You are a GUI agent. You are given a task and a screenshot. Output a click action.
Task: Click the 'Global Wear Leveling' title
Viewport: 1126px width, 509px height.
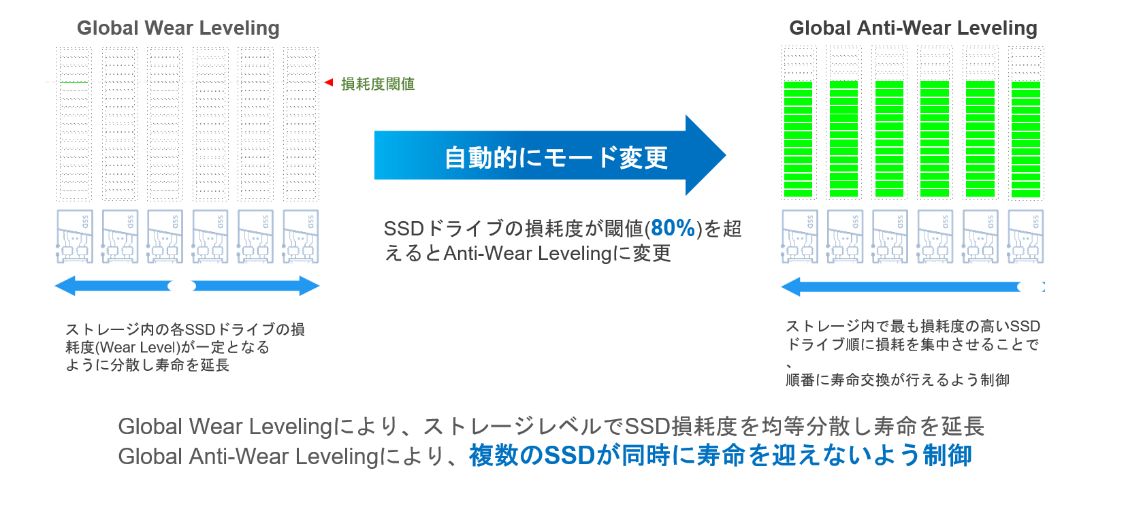pyautogui.click(x=178, y=28)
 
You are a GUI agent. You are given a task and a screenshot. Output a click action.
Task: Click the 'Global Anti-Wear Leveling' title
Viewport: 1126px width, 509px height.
pyautogui.click(x=913, y=28)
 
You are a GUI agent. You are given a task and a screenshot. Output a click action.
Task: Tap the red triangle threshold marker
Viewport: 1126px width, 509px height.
pyautogui.click(x=329, y=82)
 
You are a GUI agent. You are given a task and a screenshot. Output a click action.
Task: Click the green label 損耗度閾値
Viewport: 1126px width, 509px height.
pyautogui.click(x=378, y=84)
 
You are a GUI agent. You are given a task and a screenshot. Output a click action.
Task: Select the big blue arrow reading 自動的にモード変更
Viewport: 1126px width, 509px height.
pyautogui.click(x=550, y=156)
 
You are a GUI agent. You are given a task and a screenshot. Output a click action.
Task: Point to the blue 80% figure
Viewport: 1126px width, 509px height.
pyautogui.click(x=673, y=228)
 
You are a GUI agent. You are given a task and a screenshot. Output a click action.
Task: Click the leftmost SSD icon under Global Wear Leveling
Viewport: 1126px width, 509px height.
pyautogui.click(x=75, y=237)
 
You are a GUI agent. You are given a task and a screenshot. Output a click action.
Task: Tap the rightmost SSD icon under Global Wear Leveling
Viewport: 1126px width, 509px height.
pyautogui.click(x=301, y=237)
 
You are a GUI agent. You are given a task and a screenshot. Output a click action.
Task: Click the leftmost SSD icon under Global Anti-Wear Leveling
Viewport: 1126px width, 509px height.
pyautogui.click(x=800, y=237)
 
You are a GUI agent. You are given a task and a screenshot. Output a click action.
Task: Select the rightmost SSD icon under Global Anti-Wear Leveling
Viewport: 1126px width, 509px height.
pyautogui.click(x=1026, y=237)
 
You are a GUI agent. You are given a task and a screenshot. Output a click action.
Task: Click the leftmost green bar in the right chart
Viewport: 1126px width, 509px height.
pyautogui.click(x=799, y=139)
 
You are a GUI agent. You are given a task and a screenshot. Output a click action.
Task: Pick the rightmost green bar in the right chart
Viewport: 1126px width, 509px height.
pyautogui.click(x=1026, y=139)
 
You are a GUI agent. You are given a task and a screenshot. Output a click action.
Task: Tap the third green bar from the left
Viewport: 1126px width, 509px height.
pyautogui.click(x=889, y=139)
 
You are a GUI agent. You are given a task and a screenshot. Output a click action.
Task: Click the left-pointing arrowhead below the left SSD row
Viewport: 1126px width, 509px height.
pyautogui.click(x=65, y=286)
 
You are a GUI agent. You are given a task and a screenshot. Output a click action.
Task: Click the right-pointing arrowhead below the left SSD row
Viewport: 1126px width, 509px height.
pyautogui.click(x=309, y=286)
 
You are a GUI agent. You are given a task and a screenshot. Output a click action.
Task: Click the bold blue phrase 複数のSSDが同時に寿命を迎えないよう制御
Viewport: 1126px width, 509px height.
pyautogui.click(x=720, y=455)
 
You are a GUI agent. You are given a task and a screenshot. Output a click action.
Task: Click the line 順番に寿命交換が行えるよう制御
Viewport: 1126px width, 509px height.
pyautogui.click(x=897, y=380)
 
